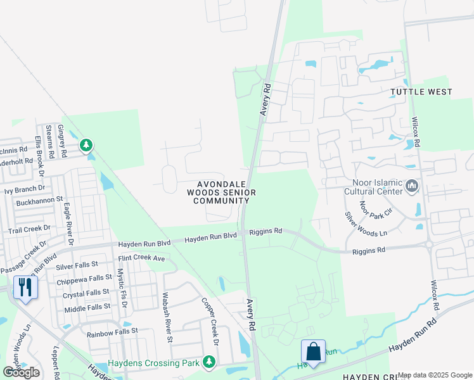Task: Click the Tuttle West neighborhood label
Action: tap(421, 92)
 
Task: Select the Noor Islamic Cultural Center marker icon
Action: tap(413, 186)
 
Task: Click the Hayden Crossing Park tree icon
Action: tap(208, 362)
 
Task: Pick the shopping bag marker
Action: tap(313, 350)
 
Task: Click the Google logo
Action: tap(21, 372)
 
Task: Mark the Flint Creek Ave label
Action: tap(141, 258)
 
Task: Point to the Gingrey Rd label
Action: tap(62, 136)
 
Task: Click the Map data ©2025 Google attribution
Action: tap(435, 375)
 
